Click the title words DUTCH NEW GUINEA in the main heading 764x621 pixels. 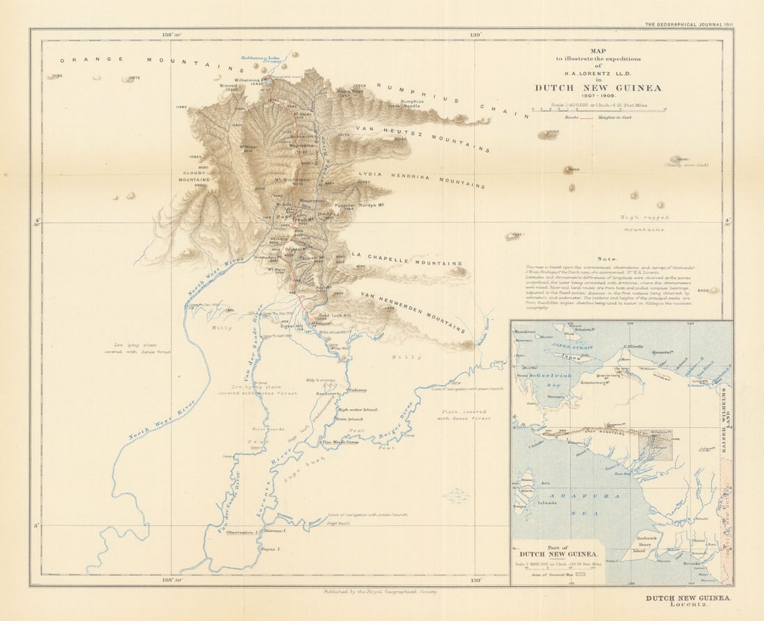pos(597,88)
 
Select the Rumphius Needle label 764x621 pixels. pos(408,104)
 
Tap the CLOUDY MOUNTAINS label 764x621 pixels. pos(194,176)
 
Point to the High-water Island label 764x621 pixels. pos(357,410)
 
